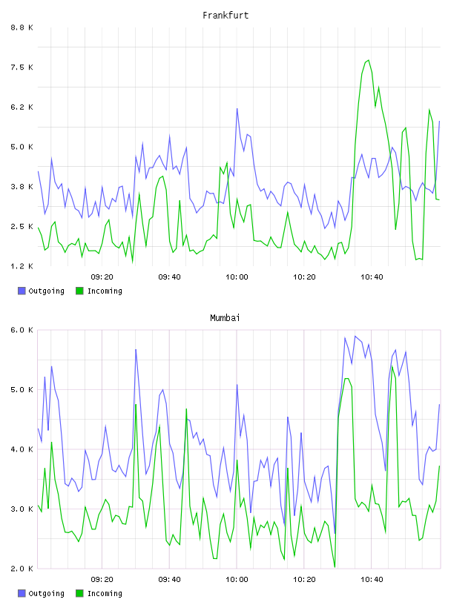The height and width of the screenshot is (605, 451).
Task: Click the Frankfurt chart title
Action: coord(225,15)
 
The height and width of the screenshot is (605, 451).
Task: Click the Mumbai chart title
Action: coord(225,317)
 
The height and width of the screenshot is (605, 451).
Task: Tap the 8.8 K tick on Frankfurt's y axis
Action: coord(22,27)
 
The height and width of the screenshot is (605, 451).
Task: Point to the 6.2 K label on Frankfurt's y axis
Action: coord(22,107)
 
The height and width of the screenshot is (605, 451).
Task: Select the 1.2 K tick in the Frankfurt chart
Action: coord(22,266)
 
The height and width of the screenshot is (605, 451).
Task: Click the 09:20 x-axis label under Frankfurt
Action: coord(102,277)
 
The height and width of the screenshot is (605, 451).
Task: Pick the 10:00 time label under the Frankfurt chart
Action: coord(237,277)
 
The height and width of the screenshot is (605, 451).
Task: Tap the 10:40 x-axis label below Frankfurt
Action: coord(372,277)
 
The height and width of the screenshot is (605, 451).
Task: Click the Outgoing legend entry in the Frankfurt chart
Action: coord(42,291)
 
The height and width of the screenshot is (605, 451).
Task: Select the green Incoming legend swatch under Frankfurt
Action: coord(79,291)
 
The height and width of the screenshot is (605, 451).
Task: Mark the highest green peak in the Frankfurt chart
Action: coord(369,60)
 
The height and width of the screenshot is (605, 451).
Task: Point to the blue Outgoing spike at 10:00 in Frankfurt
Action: coord(237,109)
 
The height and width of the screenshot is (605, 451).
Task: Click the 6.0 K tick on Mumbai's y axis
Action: coord(22,330)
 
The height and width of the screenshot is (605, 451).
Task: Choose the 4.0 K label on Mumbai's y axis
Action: coord(22,449)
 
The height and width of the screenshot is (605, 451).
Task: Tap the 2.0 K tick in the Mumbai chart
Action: coord(22,569)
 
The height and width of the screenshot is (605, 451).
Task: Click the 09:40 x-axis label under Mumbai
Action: coord(169,579)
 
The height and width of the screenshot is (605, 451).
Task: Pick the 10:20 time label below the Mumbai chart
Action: coord(304,579)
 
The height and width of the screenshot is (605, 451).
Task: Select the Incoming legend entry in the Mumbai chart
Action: coord(99,593)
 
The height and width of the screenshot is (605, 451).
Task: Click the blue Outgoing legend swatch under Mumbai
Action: coord(22,593)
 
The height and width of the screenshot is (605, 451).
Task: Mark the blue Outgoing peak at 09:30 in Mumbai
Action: coord(136,349)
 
